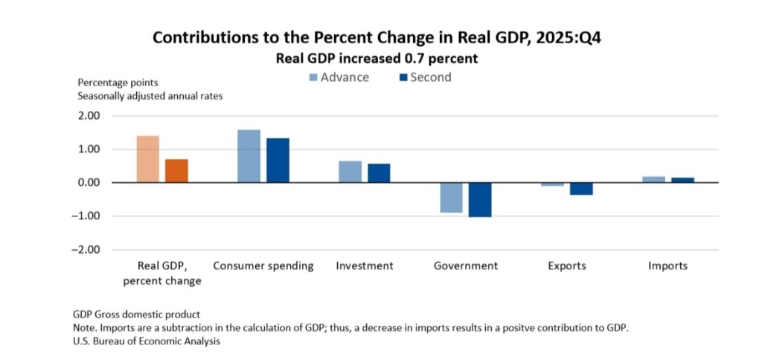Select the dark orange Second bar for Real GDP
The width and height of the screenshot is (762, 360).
pos(176,171)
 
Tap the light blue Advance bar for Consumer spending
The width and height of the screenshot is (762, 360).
pos(249,156)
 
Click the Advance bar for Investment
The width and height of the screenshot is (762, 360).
pos(350,172)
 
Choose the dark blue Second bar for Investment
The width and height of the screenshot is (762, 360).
pos(379,173)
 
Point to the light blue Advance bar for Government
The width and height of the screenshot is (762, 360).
pos(451,197)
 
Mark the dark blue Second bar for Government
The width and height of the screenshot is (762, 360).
pos(480,199)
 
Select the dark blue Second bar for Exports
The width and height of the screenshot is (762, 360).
pos(581,189)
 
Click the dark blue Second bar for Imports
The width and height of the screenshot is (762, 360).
pos(682,180)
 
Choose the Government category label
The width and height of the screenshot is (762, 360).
pos(466,266)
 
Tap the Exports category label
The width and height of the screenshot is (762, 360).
pos(567,266)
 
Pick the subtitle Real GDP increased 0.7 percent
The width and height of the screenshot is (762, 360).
pos(380,57)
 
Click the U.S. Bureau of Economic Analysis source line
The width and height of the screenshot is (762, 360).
pos(147,341)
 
